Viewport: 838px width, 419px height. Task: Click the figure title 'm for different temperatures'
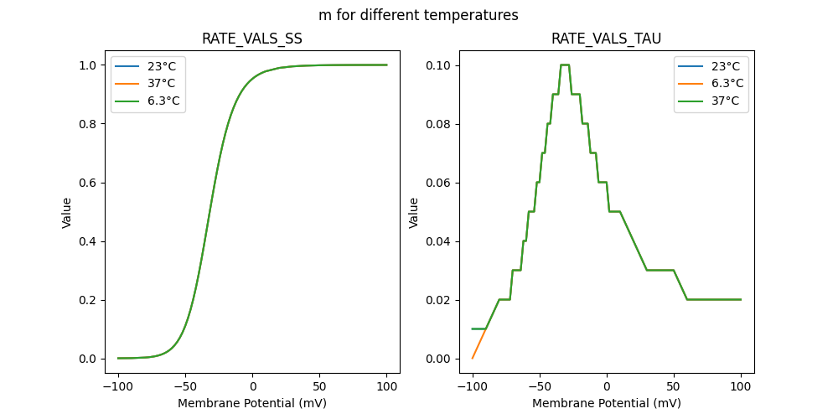[x=418, y=15]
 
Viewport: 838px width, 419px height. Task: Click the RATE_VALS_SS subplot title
[x=252, y=39]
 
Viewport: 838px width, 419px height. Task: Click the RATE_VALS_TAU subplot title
[x=606, y=39]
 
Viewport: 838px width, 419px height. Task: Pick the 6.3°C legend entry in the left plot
[x=163, y=101]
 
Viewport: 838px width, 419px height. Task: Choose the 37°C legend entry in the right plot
[x=727, y=101]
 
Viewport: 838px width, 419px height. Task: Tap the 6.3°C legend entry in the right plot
[x=727, y=84]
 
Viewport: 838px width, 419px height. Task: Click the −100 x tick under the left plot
[x=116, y=386]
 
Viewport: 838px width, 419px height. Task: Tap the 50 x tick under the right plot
[x=674, y=386]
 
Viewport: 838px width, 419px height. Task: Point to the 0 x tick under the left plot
[x=252, y=386]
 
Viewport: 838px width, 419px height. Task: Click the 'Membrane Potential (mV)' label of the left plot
[x=252, y=403]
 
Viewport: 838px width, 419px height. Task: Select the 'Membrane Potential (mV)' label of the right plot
[x=606, y=403]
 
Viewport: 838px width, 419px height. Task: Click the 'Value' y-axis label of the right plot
[x=413, y=213]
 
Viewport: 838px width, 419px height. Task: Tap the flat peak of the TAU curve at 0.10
[x=565, y=65]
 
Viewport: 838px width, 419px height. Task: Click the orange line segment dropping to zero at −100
[x=478, y=344]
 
